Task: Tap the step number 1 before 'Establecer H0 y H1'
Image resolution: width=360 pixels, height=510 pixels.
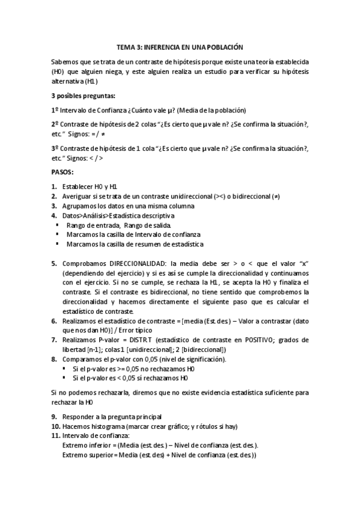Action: [x=53, y=187]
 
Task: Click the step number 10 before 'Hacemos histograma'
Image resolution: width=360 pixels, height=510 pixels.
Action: [x=55, y=426]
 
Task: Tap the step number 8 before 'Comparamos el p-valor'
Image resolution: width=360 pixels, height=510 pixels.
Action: [x=53, y=359]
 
